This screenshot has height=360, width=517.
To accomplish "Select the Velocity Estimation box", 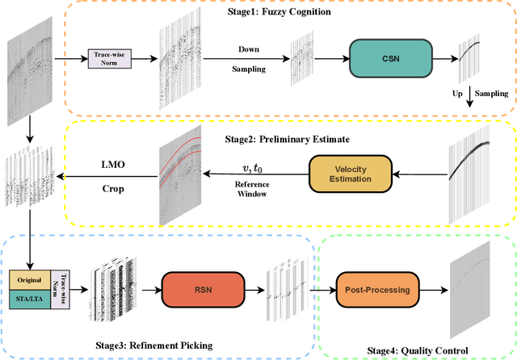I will coord(351,170).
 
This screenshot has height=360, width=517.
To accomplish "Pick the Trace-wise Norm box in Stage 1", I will coord(112,57).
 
